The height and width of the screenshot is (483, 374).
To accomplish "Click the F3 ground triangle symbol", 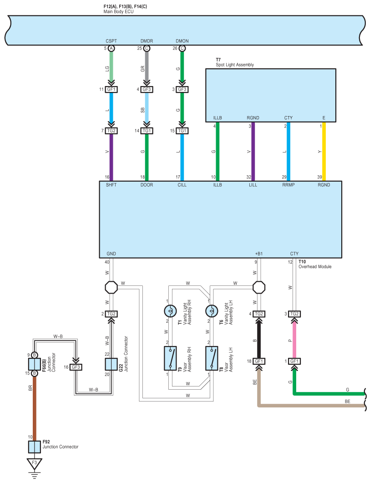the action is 34,463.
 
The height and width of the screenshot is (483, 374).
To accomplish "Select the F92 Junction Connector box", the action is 35,447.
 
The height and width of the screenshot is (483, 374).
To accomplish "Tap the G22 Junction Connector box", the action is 111,364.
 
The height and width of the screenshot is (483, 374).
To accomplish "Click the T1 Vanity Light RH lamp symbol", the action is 170,311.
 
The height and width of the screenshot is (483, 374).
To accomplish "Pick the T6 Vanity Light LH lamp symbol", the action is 212,311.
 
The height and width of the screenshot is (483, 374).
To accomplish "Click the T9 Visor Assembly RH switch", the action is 170,358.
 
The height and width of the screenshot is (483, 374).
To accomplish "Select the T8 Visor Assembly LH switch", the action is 212,358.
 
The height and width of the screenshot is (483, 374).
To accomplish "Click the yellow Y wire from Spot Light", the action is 324,151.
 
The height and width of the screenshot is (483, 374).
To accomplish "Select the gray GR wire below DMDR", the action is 147,66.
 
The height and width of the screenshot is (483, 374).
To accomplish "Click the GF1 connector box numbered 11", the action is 111,89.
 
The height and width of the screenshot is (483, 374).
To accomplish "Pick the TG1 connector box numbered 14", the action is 147,131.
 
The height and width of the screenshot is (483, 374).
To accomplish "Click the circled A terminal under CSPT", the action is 111,48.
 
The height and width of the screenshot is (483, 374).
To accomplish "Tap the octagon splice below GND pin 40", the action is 111,287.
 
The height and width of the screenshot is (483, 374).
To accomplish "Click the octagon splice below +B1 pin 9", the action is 259,287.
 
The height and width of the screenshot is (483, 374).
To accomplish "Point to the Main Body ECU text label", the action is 118,12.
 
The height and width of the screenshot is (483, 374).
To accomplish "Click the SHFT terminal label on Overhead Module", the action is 111,185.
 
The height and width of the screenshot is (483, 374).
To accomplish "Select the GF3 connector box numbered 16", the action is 76,367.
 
